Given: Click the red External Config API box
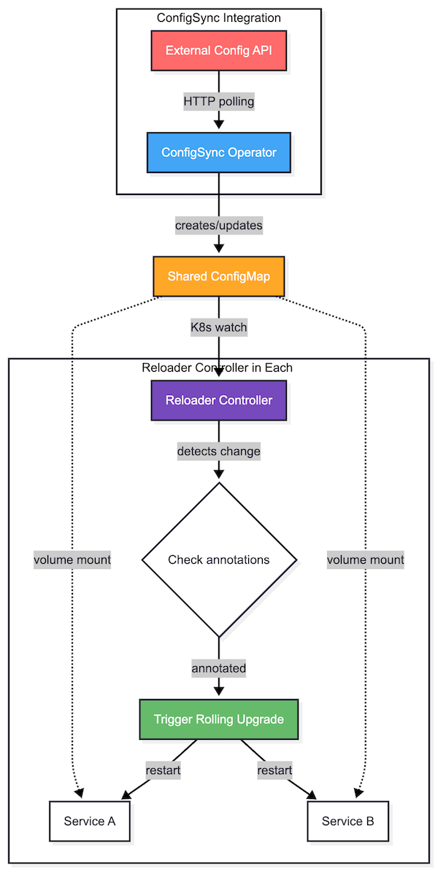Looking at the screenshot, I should (x=219, y=50).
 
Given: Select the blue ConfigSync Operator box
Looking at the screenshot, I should (x=219, y=153).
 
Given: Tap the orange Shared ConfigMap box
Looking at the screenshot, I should (x=219, y=276).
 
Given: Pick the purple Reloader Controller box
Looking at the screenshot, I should (x=219, y=399).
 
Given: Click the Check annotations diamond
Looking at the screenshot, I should (x=219, y=560).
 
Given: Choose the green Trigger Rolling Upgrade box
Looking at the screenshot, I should (x=219, y=719).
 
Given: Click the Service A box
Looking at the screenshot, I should (x=90, y=821).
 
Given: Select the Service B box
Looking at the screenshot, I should (x=348, y=821).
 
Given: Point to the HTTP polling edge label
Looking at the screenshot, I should (x=219, y=102).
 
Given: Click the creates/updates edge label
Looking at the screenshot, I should (x=219, y=226).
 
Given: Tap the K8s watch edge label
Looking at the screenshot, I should (x=219, y=328).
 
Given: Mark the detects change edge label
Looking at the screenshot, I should (x=219, y=451).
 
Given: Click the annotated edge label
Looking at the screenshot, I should (x=219, y=668).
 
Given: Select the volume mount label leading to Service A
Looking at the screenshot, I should (x=72, y=560).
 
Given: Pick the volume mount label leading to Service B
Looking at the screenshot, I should (x=366, y=560).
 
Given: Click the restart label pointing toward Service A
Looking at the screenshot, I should (x=163, y=770).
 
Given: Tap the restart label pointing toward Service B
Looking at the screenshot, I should (x=274, y=770).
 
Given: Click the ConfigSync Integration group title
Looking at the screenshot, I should (x=219, y=18).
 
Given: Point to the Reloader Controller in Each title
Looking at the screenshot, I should (x=217, y=367).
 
